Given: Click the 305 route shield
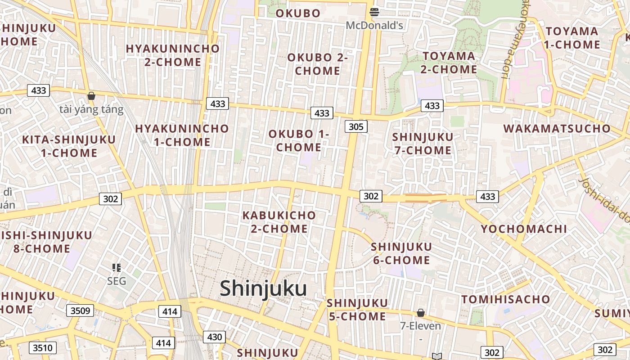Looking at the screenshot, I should pyautogui.click(x=356, y=126).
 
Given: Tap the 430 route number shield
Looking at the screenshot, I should pyautogui.click(x=214, y=337).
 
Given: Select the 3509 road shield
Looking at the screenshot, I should pyautogui.click(x=81, y=310).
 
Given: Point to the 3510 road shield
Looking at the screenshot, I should pyautogui.click(x=43, y=347).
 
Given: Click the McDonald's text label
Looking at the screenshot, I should pyautogui.click(x=374, y=26).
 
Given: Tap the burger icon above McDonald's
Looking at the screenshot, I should pyautogui.click(x=374, y=12).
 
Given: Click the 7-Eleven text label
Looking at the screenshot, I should pyautogui.click(x=420, y=326).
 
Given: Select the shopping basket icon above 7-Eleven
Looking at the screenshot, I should pyautogui.click(x=421, y=312).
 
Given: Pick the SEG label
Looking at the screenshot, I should pyautogui.click(x=117, y=282).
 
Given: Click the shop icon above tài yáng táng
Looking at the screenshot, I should pyautogui.click(x=91, y=96).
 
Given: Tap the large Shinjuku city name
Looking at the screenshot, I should pyautogui.click(x=263, y=288).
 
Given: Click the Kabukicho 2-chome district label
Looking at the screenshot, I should pyautogui.click(x=279, y=222).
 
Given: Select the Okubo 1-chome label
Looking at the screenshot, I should pyautogui.click(x=299, y=140).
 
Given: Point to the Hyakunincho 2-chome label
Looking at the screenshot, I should pyautogui.click(x=173, y=55).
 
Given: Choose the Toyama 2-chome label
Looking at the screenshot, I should pyautogui.click(x=449, y=63).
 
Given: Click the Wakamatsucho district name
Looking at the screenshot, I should pyautogui.click(x=557, y=128).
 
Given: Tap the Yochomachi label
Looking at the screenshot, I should pyautogui.click(x=524, y=229).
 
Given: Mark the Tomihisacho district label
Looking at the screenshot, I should pyautogui.click(x=505, y=299).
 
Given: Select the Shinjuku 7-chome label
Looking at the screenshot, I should pyautogui.click(x=423, y=144).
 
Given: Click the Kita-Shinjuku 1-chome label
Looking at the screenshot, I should pyautogui.click(x=69, y=146).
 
